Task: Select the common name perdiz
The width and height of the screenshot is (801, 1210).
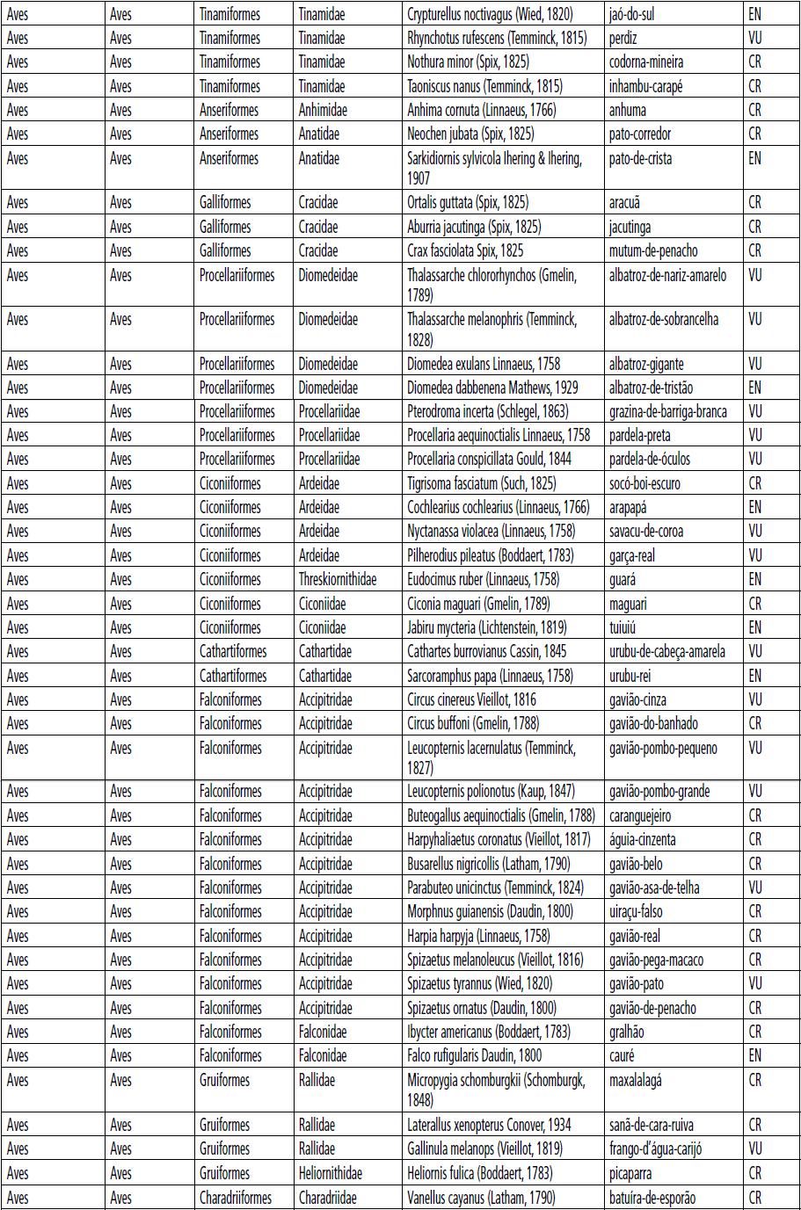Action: (x=623, y=39)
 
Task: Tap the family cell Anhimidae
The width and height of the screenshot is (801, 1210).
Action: (x=323, y=111)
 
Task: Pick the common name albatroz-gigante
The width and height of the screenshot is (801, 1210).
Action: (x=646, y=364)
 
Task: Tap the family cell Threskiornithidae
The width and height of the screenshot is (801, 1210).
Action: (x=338, y=579)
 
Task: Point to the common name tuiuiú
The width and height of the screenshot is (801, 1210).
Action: (x=624, y=627)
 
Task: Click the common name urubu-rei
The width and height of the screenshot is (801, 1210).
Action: (x=630, y=676)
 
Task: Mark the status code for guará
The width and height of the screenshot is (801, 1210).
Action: (x=754, y=579)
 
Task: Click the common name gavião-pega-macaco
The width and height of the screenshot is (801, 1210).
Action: (x=656, y=960)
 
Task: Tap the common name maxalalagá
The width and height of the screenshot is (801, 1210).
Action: (x=636, y=1080)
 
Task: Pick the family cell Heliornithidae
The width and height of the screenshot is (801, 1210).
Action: (x=331, y=1173)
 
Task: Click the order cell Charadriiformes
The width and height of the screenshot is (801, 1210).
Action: (x=236, y=1197)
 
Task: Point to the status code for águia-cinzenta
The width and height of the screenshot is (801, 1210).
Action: (x=754, y=839)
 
